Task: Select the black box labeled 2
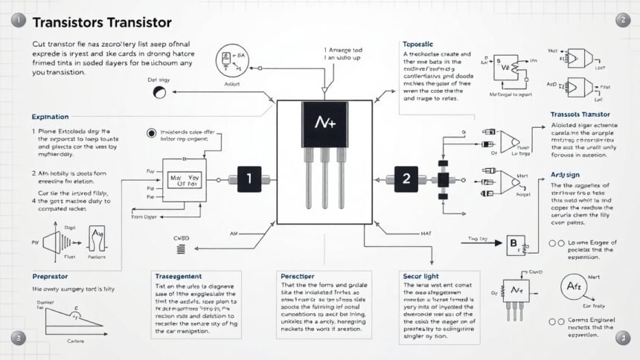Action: click(406, 179)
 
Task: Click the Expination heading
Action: click(51, 117)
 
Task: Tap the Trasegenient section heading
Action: click(182, 275)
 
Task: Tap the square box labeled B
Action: click(513, 242)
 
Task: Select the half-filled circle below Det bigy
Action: click(159, 93)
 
